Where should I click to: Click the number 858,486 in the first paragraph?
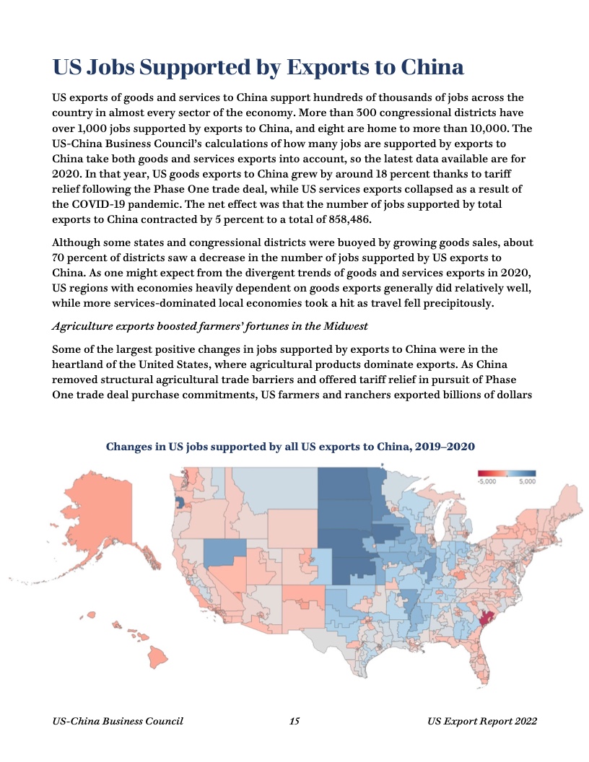346,220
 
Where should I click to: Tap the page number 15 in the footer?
294,721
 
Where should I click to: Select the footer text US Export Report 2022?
481,721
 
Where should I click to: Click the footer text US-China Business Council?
118,721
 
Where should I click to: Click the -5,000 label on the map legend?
487,481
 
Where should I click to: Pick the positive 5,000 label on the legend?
527,481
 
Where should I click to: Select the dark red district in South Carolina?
484,618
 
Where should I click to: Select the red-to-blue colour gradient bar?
507,473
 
